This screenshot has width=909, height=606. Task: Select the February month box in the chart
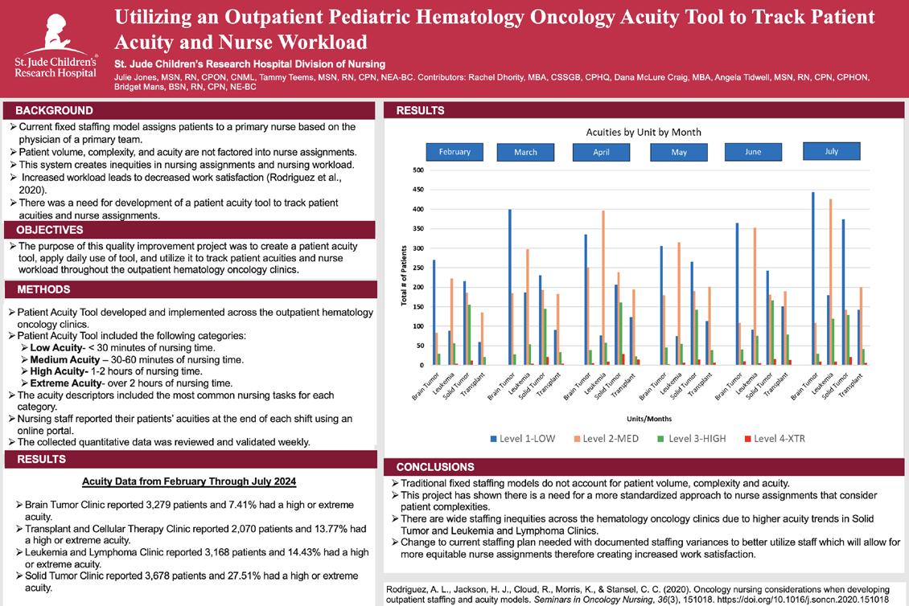[455, 152]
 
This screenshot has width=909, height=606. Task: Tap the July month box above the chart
[831, 151]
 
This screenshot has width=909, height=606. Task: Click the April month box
[601, 152]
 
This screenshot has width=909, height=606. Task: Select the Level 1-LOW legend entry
[527, 438]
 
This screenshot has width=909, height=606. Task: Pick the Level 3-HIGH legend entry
[701, 438]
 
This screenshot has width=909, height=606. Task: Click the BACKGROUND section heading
[55, 111]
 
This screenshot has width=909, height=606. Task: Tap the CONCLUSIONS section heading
[435, 467]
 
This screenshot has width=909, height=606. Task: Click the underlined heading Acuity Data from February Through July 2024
[189, 481]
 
